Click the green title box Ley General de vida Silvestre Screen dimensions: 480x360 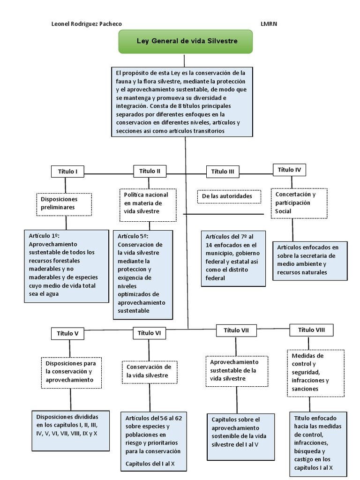[x=186, y=41]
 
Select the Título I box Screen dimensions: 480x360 [x=67, y=172]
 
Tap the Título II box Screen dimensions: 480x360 [x=150, y=171]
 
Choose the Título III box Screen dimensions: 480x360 [x=223, y=172]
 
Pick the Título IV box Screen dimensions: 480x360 [x=289, y=170]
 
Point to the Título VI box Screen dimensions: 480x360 [x=150, y=333]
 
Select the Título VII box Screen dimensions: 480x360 [x=236, y=330]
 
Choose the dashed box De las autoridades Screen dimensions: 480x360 [x=229, y=196]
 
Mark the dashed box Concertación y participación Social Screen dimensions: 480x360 [x=299, y=203]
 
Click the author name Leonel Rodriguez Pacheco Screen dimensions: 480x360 [x=87, y=24]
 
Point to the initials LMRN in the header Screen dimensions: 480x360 [x=269, y=24]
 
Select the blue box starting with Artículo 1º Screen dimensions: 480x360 [x=66, y=266]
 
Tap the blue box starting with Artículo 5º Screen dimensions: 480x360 [x=142, y=274]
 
